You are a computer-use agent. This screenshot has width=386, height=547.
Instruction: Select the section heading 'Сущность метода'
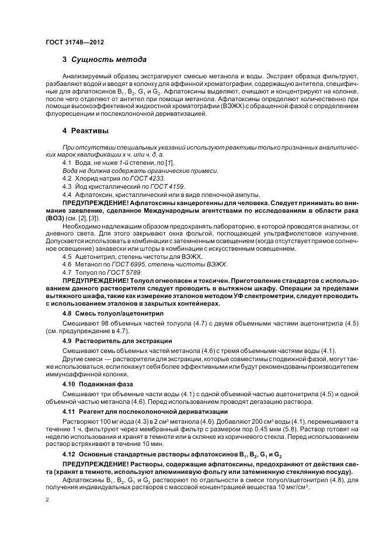(x=109, y=60)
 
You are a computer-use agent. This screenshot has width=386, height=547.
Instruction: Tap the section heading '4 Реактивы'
(x=85, y=130)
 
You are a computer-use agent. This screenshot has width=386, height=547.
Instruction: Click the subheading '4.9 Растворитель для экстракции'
(x=117, y=340)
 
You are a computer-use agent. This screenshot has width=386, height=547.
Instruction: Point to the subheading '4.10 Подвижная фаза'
(x=98, y=383)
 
